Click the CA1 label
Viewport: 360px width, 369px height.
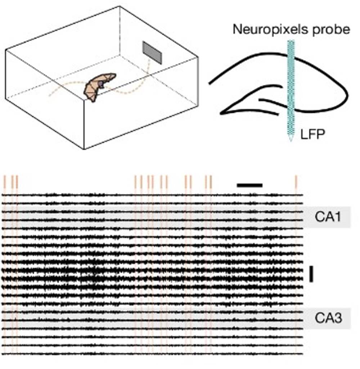click(x=326, y=217)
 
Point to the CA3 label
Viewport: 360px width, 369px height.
click(x=326, y=318)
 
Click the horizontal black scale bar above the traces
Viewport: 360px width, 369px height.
click(x=249, y=185)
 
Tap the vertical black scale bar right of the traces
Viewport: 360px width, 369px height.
click(x=311, y=274)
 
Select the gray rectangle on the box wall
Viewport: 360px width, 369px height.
click(x=152, y=52)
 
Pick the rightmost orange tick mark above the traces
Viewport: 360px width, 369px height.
click(x=296, y=182)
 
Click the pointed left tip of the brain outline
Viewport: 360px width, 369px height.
click(x=221, y=114)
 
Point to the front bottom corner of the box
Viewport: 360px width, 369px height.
click(x=84, y=149)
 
